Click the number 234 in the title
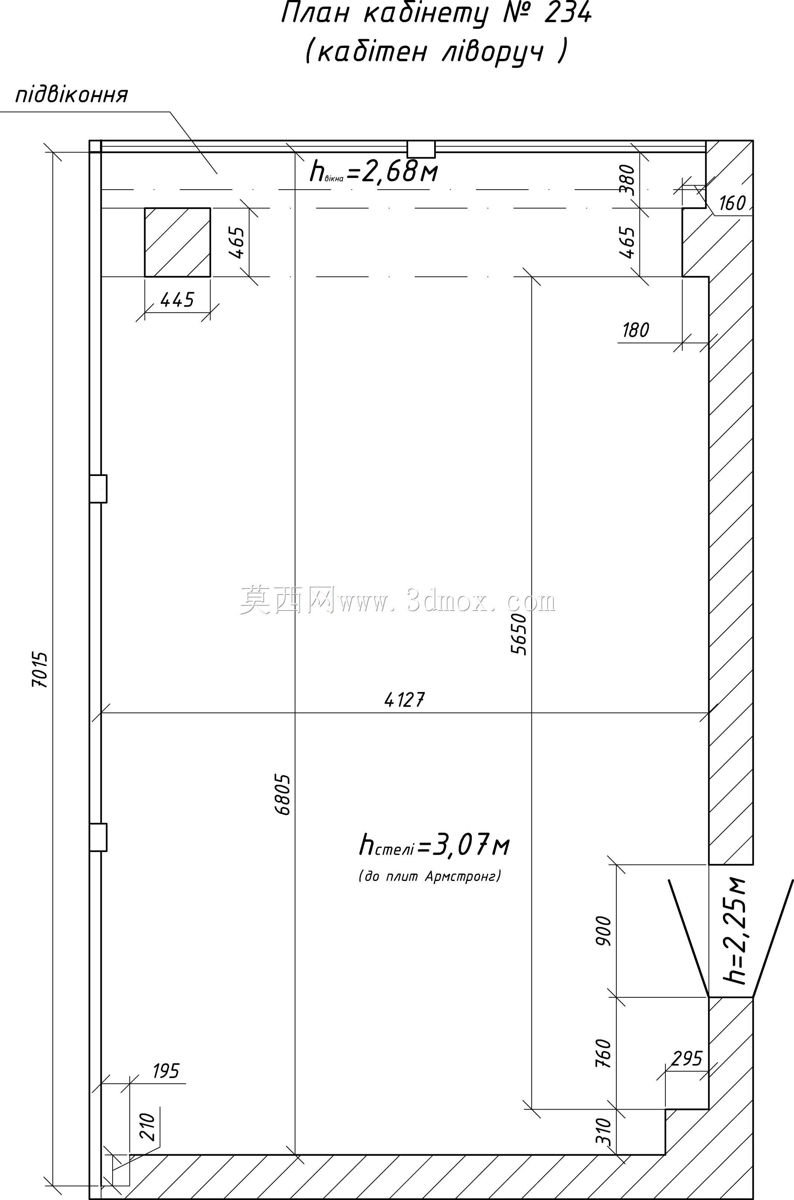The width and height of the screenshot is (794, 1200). click(568, 14)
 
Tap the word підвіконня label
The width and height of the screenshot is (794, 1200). click(71, 95)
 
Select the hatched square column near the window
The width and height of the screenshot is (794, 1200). click(177, 242)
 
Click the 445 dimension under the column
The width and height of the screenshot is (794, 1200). click(177, 300)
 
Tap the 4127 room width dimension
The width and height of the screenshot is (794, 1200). click(404, 700)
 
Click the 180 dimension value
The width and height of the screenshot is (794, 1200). click(636, 330)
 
